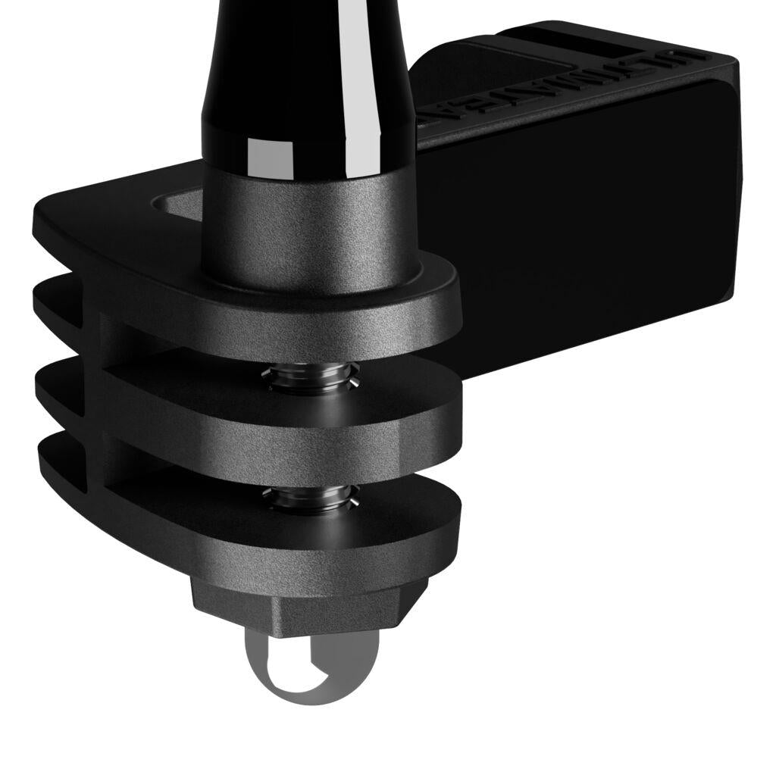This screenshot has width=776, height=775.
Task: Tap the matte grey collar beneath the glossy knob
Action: [x=311, y=227]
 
